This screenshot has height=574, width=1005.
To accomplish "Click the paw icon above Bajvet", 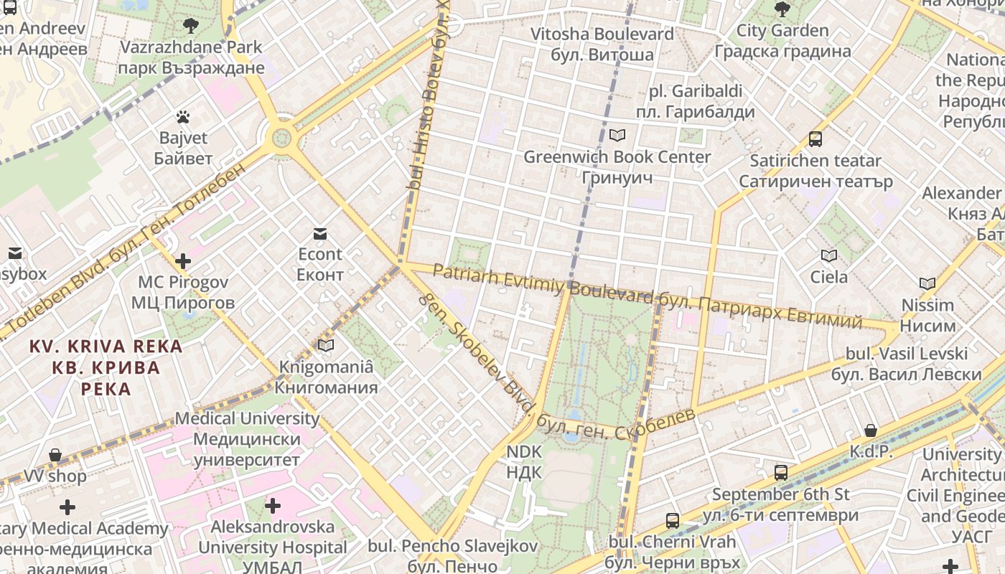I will [183, 116].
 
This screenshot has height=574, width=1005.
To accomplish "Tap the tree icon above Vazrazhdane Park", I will [191, 27].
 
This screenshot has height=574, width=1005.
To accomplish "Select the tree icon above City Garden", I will [782, 9].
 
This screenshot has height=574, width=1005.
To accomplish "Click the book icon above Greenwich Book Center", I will [617, 135].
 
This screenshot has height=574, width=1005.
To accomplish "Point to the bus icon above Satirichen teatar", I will [815, 138].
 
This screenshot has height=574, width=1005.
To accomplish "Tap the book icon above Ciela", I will [828, 255].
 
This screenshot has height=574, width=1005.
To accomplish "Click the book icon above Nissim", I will [927, 283].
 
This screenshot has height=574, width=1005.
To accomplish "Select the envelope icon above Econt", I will [320, 233].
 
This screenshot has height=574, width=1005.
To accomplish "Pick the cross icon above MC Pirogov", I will [183, 260].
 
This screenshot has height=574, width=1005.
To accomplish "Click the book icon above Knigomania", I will [326, 346].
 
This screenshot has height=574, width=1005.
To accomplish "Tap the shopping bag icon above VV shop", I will [55, 455].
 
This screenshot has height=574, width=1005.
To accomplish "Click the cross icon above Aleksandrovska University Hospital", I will [272, 506].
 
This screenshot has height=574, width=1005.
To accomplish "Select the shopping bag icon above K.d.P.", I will [870, 430].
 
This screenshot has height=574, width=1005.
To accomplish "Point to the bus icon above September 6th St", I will [781, 473].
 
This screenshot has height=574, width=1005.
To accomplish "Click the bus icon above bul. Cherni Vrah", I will [673, 520].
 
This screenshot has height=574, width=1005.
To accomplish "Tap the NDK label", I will [524, 461].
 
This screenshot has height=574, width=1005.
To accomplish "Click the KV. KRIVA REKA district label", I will [106, 367].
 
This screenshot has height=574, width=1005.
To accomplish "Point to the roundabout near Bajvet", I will [281, 136].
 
